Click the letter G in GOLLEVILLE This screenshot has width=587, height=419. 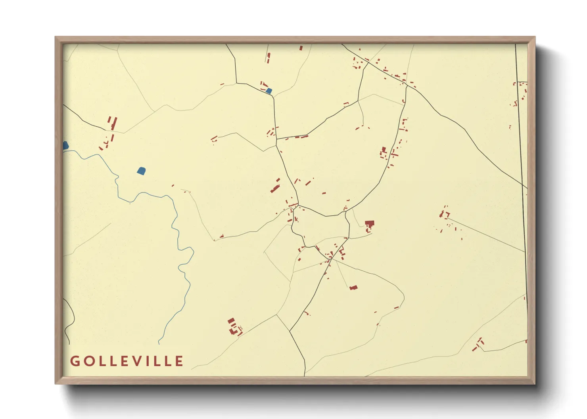click(x=75, y=361)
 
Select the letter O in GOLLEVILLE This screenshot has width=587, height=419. click(x=88, y=361)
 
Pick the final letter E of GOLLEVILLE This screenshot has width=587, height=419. click(x=180, y=361)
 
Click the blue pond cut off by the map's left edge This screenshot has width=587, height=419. click(x=65, y=146)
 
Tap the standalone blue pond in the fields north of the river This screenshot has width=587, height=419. click(x=141, y=171)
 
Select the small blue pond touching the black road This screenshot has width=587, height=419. click(x=269, y=91)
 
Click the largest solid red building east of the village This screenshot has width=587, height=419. click(x=369, y=224)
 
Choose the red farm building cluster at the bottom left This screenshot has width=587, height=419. click(x=234, y=327)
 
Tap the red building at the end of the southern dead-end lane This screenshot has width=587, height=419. click(x=353, y=288)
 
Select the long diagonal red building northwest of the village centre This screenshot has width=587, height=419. click(x=275, y=186)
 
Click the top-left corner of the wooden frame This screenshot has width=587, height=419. click(x=56, y=37)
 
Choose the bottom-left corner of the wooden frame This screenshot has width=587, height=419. click(x=56, y=383)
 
